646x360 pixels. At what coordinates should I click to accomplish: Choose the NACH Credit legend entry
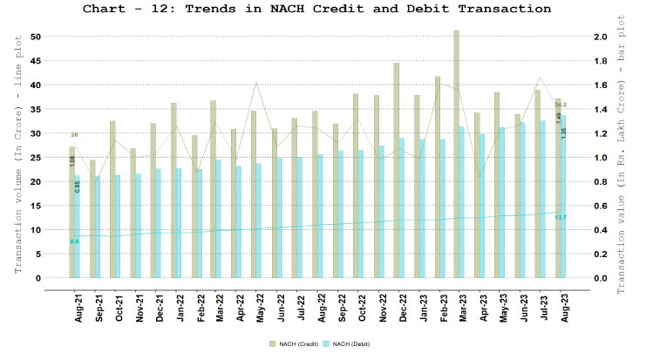pos(293,346)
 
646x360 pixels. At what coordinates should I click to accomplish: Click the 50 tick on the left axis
pos(36,37)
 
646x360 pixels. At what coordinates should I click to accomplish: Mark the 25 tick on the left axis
pos(36,157)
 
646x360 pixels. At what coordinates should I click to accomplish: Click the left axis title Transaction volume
pos(16,157)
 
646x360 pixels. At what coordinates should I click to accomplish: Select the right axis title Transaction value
pos(629,157)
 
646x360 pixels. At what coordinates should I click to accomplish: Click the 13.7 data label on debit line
pos(561,217)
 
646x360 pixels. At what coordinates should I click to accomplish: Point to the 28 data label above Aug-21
pos(74,135)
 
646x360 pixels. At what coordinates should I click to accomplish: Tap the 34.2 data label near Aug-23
pos(561,105)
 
